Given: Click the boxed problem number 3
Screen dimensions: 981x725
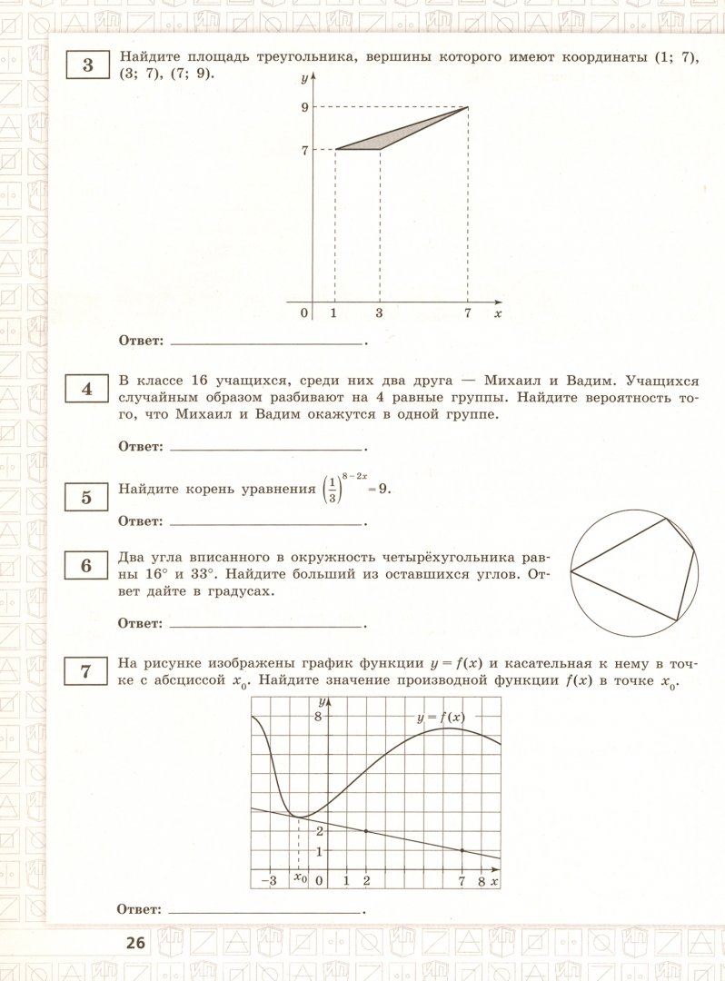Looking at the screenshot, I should tap(87, 66).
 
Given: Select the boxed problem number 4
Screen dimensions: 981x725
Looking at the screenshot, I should tap(87, 390).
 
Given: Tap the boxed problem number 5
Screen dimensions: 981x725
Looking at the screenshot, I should tap(87, 497).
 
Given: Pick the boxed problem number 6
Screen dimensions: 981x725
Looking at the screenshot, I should tap(87, 566).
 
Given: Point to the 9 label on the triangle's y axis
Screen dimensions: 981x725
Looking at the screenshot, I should tap(304, 107).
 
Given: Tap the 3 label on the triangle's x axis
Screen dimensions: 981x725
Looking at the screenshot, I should tap(378, 313).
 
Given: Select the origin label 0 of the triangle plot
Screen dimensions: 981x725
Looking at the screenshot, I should tap(304, 313).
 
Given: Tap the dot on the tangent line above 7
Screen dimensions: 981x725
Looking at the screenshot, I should tap(462, 850).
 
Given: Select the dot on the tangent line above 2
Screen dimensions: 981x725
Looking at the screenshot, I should tap(366, 831).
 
